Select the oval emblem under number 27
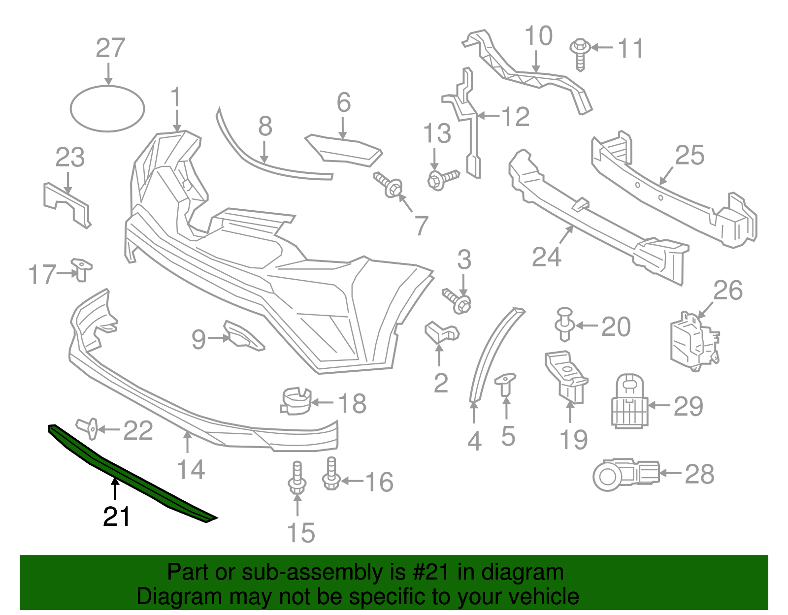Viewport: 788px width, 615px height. (x=107, y=109)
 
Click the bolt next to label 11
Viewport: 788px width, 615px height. (x=580, y=54)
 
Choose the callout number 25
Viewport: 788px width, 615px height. (x=689, y=156)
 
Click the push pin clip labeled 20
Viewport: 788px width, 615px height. (x=565, y=324)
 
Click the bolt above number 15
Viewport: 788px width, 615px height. (x=297, y=477)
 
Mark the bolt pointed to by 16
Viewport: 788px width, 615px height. (x=331, y=473)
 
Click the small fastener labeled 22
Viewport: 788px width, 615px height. (x=88, y=428)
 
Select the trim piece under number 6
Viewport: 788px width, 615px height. (x=345, y=149)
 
